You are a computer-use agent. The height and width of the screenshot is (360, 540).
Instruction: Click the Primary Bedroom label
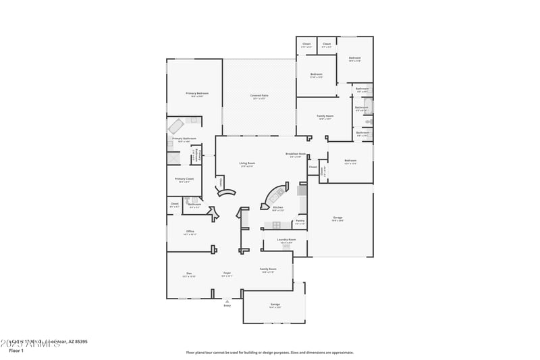(x=197, y=93)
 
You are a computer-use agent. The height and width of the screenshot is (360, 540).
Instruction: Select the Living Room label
(x=246, y=163)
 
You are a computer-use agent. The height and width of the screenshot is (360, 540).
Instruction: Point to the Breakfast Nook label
(x=296, y=155)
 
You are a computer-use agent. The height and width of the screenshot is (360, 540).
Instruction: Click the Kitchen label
(x=277, y=208)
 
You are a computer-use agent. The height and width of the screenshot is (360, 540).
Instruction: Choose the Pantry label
(x=300, y=221)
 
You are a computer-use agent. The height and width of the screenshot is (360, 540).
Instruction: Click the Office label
(x=190, y=232)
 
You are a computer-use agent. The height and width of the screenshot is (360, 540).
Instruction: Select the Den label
(x=189, y=274)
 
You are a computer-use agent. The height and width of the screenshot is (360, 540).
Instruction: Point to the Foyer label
(x=227, y=274)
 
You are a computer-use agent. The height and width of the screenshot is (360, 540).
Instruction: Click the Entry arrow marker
(x=227, y=301)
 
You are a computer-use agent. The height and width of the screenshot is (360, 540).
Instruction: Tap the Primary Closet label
(x=184, y=179)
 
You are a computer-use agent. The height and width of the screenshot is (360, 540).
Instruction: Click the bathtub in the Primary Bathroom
(x=177, y=126)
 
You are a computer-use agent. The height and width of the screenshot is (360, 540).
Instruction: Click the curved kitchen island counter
(x=276, y=193)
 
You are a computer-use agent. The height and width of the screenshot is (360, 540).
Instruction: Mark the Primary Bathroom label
(x=184, y=139)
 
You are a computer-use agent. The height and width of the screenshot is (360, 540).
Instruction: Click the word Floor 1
(x=16, y=351)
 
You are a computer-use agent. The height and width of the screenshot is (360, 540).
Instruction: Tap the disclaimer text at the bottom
(x=269, y=352)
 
